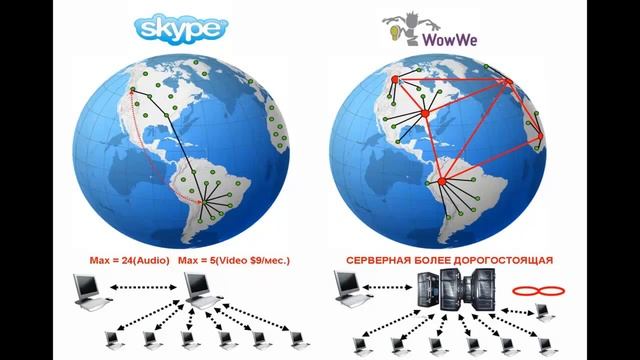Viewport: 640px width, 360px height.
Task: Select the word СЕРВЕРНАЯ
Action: (380, 259)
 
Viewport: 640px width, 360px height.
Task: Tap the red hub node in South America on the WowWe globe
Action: (442, 181)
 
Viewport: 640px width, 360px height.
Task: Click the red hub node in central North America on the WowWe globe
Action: (424, 115)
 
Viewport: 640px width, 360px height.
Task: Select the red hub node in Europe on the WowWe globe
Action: (507, 83)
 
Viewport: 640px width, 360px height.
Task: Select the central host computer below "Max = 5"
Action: (204, 290)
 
